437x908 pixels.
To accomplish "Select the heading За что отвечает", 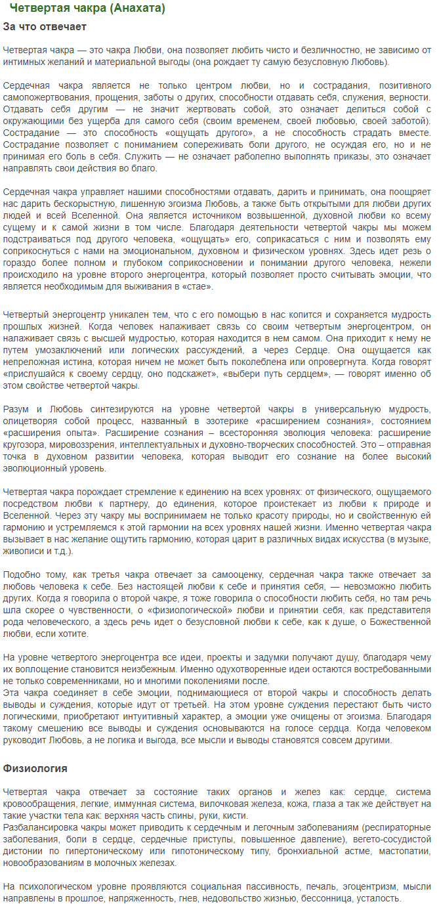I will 45,27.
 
